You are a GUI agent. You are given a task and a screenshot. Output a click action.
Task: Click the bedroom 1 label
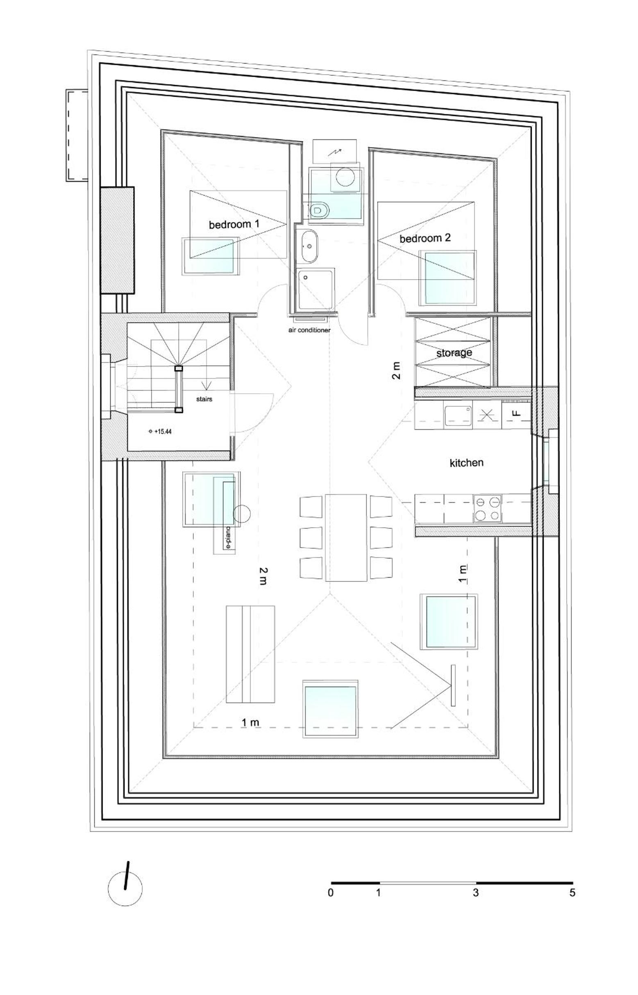[234, 225]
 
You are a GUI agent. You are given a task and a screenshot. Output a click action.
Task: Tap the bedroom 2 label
[425, 239]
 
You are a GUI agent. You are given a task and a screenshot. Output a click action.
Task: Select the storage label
[454, 353]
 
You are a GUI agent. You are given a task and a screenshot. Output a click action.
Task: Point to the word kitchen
[466, 462]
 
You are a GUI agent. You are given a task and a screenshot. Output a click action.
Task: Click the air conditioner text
[309, 330]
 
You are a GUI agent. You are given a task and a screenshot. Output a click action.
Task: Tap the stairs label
[204, 399]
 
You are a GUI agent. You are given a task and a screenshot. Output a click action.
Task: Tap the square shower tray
[315, 289]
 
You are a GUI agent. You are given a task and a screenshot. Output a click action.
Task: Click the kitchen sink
[458, 415]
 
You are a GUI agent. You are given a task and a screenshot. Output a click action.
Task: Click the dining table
[346, 537]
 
